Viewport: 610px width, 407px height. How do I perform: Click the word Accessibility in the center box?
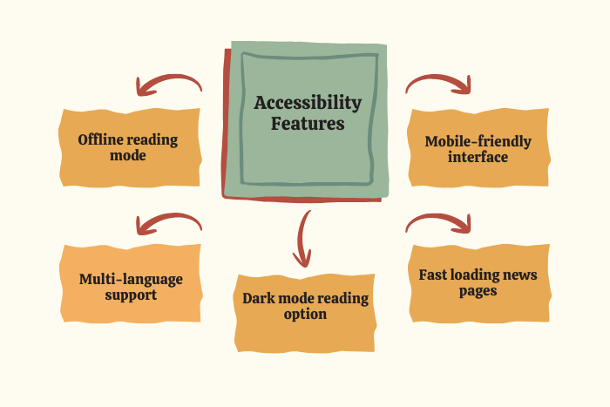[307, 103]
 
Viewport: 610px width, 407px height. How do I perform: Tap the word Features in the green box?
[307, 124]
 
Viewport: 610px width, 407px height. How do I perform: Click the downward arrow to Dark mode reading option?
[303, 238]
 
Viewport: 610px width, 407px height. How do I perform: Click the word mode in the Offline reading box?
[128, 156]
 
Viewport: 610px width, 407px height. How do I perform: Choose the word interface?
[478, 158]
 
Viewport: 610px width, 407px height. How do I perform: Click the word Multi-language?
[131, 279]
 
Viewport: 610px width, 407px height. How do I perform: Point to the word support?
[131, 295]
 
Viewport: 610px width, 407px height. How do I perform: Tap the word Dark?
[259, 298]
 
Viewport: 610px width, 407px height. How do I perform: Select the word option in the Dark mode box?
[305, 315]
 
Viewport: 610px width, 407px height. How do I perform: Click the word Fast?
[433, 275]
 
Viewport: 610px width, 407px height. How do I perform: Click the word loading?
[478, 275]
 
